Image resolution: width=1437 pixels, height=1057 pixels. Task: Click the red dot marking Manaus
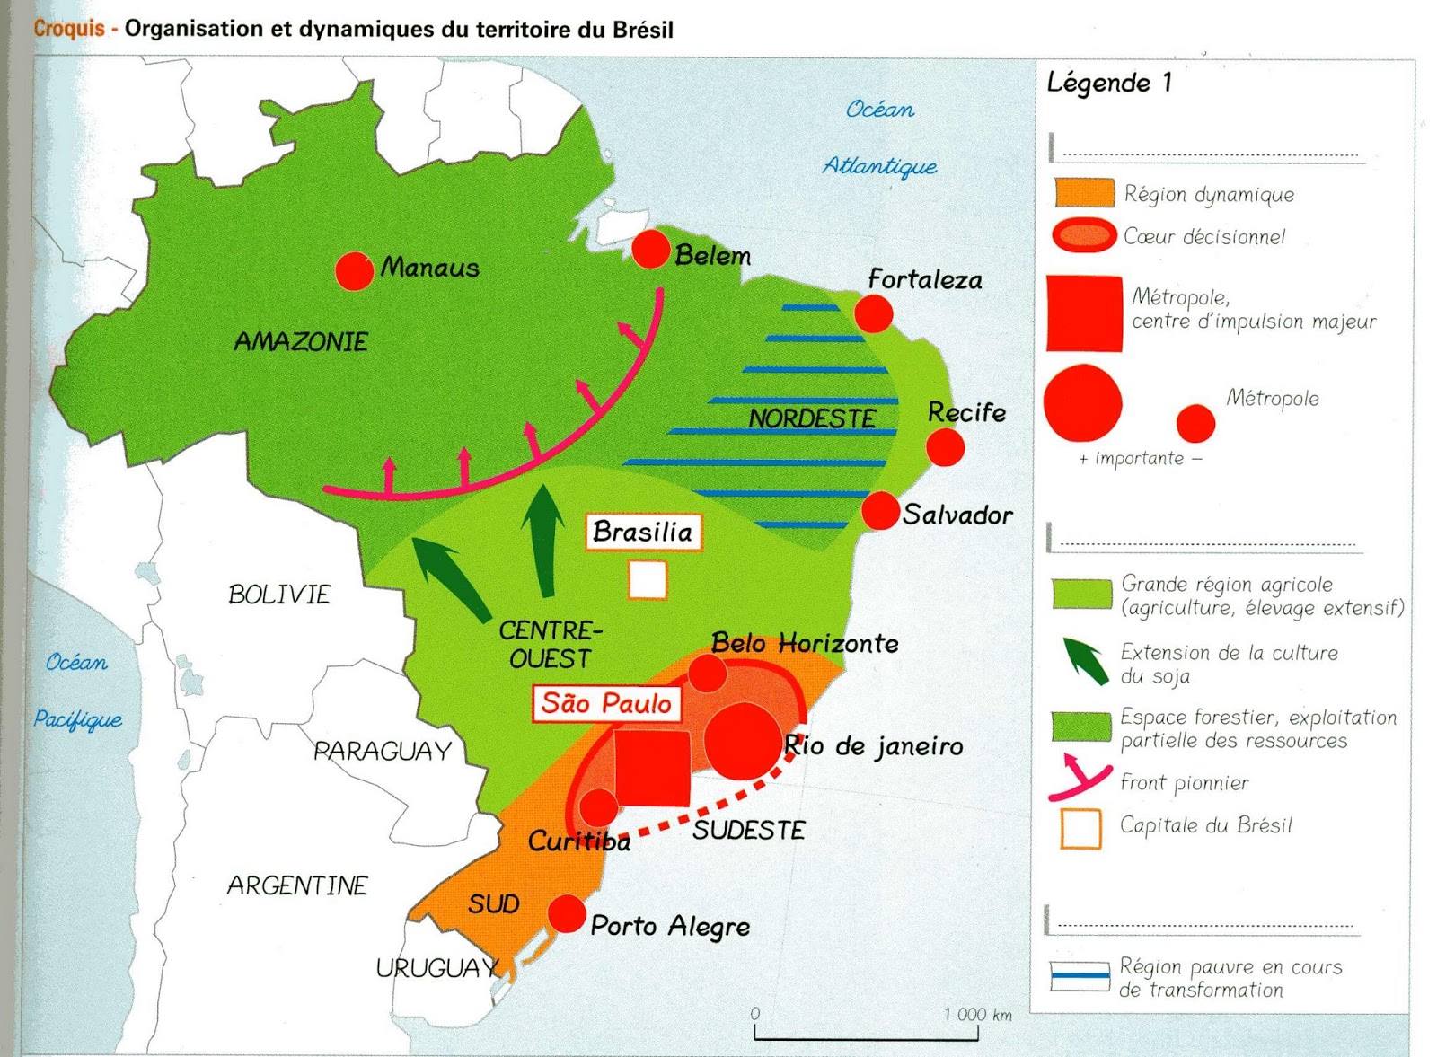pyautogui.click(x=354, y=270)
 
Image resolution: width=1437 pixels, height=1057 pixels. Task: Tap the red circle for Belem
pyautogui.click(x=651, y=249)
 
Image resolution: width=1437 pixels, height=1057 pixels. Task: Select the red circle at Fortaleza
pyautogui.click(x=873, y=314)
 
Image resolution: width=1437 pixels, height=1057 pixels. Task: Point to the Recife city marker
pyautogui.click(x=945, y=446)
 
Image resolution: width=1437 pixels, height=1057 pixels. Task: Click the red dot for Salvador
pyautogui.click(x=880, y=511)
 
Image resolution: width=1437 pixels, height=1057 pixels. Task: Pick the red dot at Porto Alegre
pyautogui.click(x=567, y=913)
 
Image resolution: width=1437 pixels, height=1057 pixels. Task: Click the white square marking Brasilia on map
pyautogui.click(x=648, y=579)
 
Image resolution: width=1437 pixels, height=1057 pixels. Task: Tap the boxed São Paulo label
pyautogui.click(x=606, y=703)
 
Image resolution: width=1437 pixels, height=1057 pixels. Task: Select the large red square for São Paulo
pyautogui.click(x=653, y=768)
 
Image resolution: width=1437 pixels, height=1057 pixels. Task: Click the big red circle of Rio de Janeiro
pyautogui.click(x=743, y=742)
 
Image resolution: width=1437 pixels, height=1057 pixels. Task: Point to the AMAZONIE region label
pyautogui.click(x=301, y=342)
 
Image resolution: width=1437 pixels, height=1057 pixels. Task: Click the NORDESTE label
pyautogui.click(x=812, y=419)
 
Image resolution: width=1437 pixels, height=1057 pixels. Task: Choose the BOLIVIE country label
pyautogui.click(x=279, y=595)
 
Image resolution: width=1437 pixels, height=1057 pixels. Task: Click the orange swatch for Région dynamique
pyautogui.click(x=1084, y=193)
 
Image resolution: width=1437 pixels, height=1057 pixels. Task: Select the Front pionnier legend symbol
pyautogui.click(x=1080, y=779)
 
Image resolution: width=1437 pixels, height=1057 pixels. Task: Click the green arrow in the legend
pyautogui.click(x=1085, y=662)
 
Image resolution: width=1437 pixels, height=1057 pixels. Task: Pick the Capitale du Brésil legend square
pyautogui.click(x=1080, y=828)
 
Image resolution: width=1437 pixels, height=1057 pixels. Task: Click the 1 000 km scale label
pyautogui.click(x=977, y=1015)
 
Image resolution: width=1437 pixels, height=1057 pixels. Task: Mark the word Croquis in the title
pyautogui.click(x=69, y=29)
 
